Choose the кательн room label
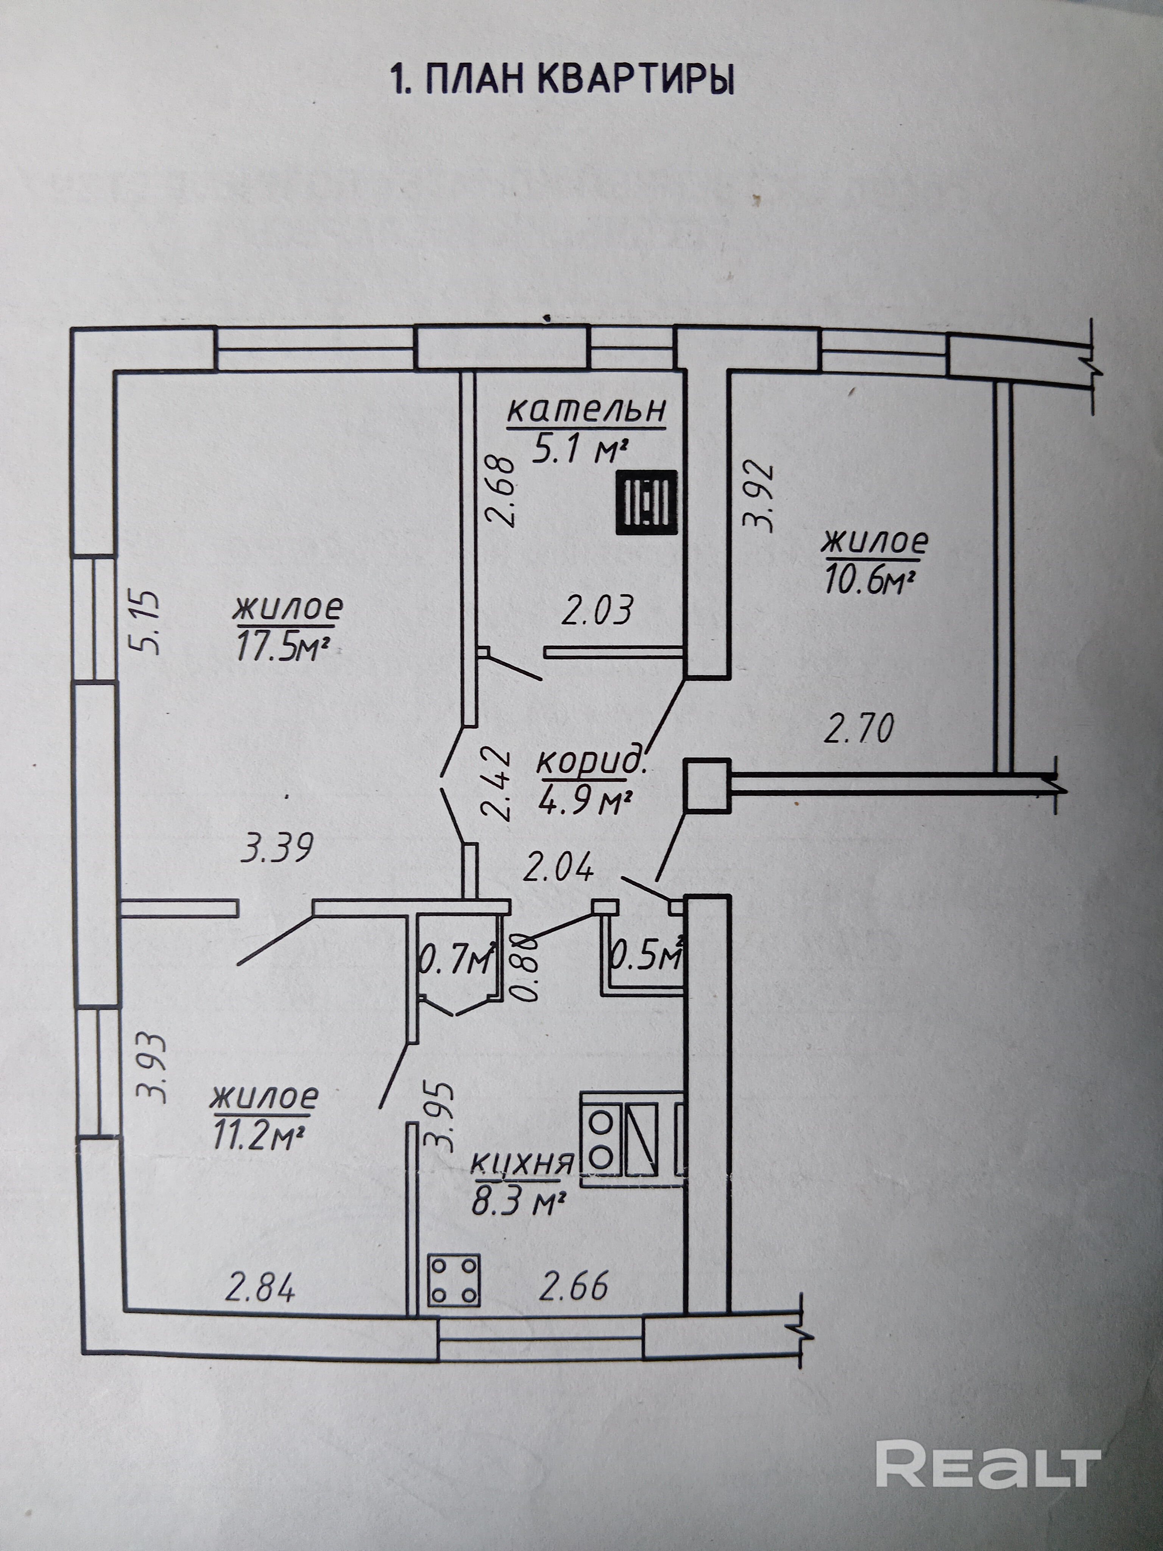click(586, 410)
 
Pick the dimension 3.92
click(761, 497)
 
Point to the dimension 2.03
click(598, 610)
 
